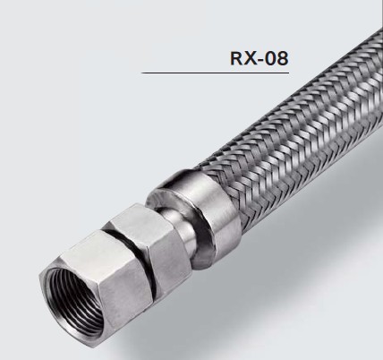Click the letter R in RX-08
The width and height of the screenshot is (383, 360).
pyautogui.click(x=236, y=58)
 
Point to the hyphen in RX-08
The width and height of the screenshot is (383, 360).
pyautogui.click(x=260, y=60)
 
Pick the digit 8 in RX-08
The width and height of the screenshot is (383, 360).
pyautogui.click(x=283, y=58)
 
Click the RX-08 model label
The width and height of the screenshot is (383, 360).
pyautogui.click(x=260, y=58)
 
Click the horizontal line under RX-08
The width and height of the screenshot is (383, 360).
pyautogui.click(x=215, y=73)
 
